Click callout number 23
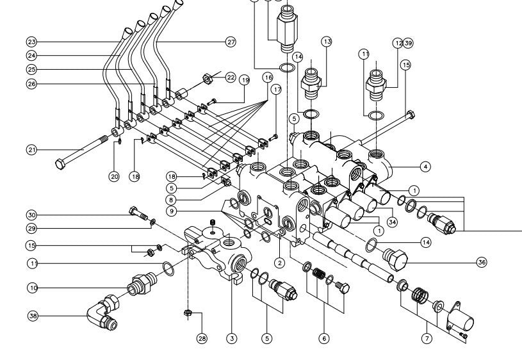(31, 42)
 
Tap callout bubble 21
(31, 149)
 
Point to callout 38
(32, 316)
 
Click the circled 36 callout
(482, 261)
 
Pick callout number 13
(327, 42)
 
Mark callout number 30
(31, 215)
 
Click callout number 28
(202, 339)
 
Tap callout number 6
(324, 338)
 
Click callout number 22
(230, 78)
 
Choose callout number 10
(32, 288)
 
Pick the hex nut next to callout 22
(208, 79)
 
